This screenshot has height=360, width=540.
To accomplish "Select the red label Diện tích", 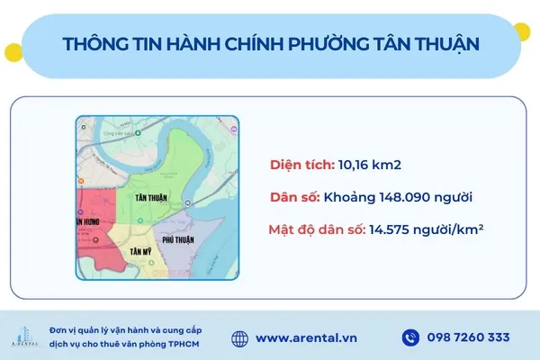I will click(301, 165).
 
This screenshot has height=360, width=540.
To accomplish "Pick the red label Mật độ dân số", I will click(316, 229).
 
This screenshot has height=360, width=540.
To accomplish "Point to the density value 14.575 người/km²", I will click(426, 229).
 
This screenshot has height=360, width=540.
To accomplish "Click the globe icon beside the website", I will click(239, 338).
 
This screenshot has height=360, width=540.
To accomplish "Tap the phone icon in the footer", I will click(410, 338).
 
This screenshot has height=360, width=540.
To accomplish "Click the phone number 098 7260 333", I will click(471, 338).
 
